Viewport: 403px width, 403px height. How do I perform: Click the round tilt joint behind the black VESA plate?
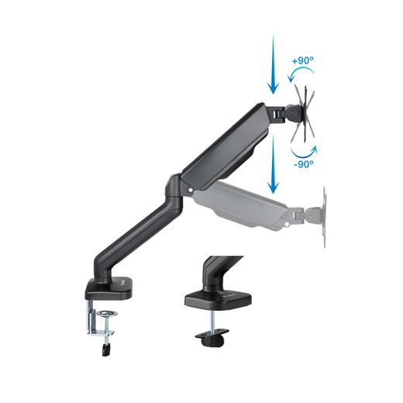click(x=291, y=112)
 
